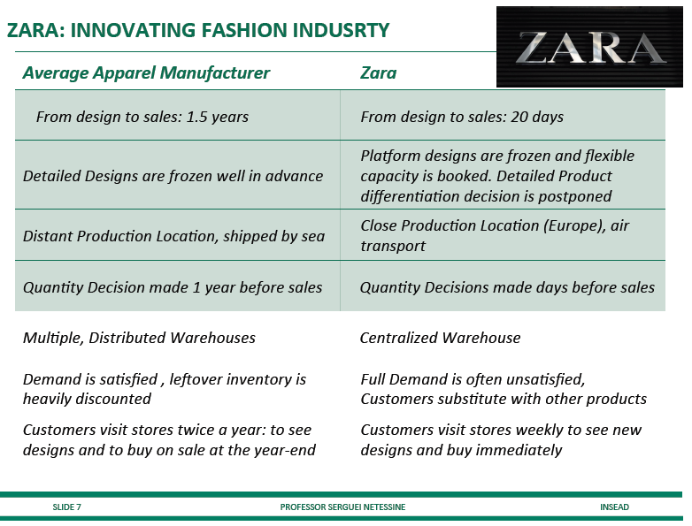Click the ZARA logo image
pos(589,47)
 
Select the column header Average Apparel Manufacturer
pos(146,72)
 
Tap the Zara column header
pos(378,72)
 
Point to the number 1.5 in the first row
pos(196,117)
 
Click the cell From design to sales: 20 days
pos(462,117)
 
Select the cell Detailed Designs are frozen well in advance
pos(173,176)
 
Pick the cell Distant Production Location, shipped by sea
pos(173,236)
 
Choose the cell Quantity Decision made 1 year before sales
pos(173,287)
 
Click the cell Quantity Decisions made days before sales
pos(507,287)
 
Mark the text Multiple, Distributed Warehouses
pos(139,338)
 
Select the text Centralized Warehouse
pos(440,338)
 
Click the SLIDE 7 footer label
pos(66,507)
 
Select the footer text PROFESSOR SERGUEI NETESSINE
pos(342,507)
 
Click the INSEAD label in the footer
pos(614,507)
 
